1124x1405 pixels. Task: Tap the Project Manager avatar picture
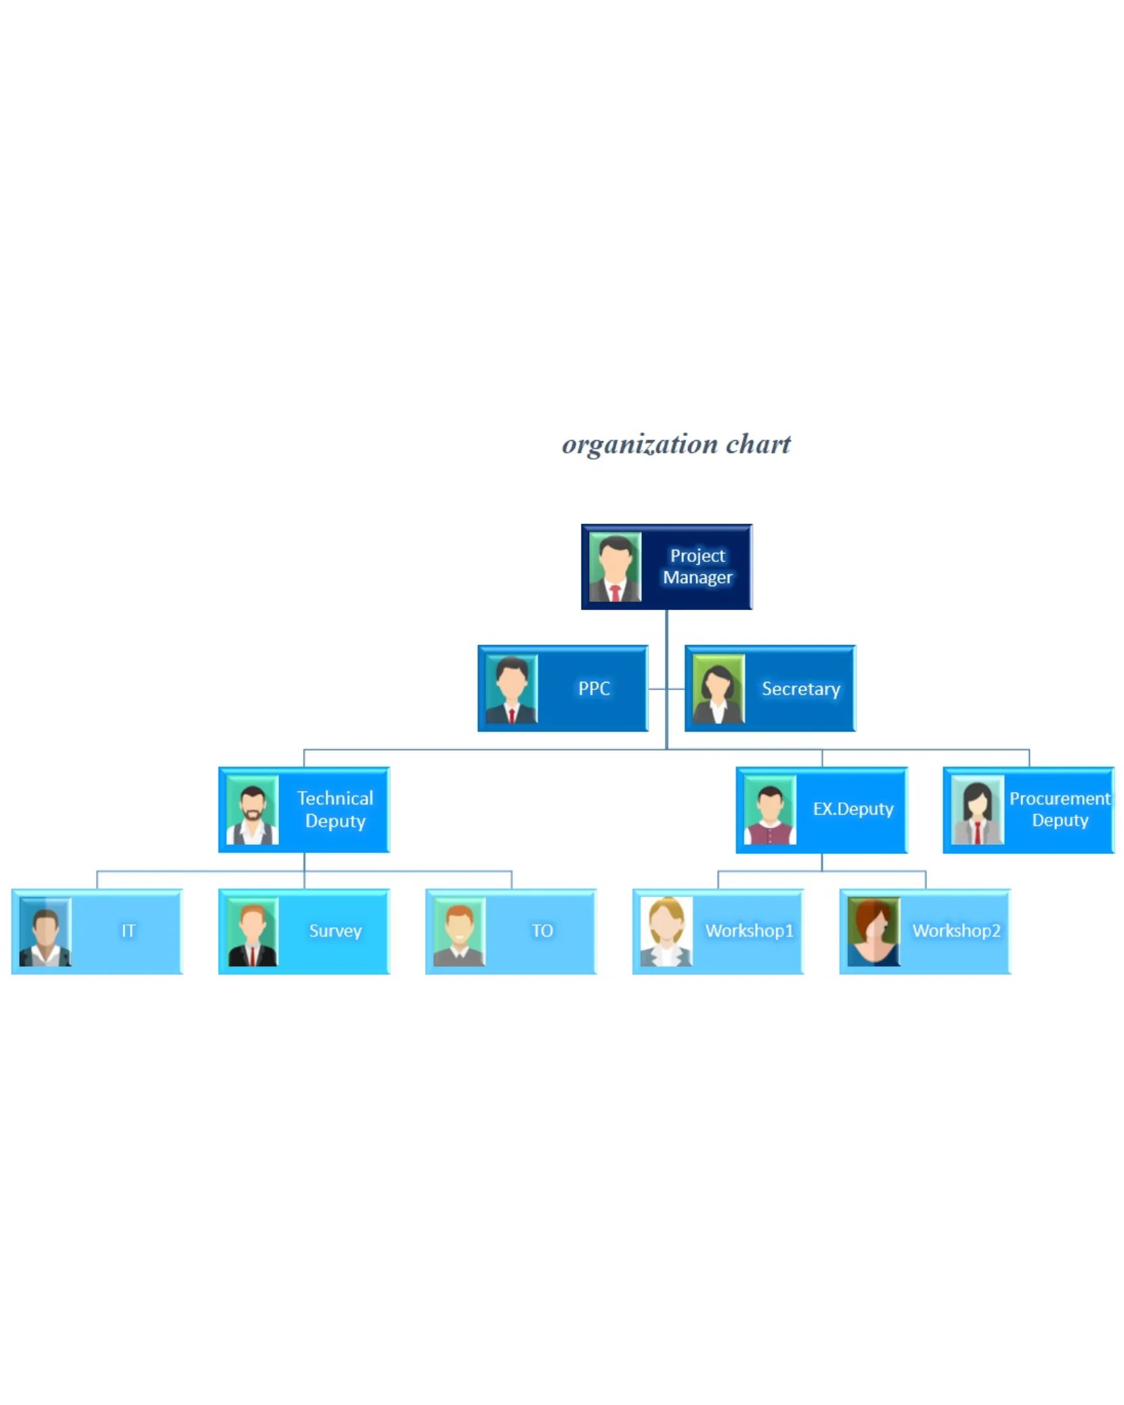614,567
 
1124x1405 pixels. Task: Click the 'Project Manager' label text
697,566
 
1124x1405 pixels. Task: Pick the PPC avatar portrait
511,689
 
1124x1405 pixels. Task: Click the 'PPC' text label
594,689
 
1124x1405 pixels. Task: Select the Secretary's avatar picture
718,689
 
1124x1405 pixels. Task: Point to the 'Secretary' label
800,689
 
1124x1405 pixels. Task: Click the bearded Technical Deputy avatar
252,810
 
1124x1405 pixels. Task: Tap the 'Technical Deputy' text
335,809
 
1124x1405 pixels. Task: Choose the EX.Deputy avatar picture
769,810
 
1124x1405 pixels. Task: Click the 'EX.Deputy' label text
852,808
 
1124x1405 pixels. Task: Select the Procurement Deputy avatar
976,810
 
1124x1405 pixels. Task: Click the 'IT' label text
128,930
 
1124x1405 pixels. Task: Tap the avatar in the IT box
45,931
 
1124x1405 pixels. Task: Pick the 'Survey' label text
335,930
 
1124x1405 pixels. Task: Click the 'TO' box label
542,930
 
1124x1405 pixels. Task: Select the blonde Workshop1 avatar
666,931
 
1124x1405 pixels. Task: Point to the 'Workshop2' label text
955,930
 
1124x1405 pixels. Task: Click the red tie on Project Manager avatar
615,594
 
